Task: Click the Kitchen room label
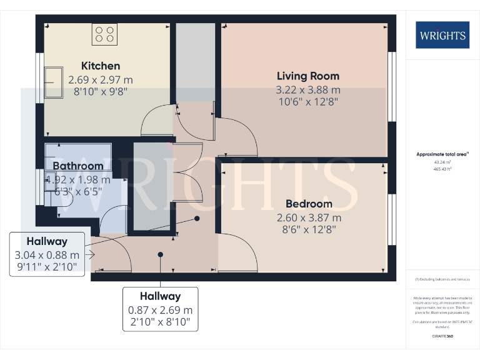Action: click(101, 66)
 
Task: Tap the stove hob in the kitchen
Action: click(104, 34)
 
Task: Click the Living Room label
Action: click(308, 76)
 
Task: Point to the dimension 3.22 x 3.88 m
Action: click(308, 90)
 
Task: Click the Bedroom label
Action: click(309, 204)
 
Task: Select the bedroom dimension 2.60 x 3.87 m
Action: click(309, 217)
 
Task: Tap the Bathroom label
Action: click(77, 166)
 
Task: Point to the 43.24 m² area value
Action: click(442, 161)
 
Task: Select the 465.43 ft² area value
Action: click(442, 169)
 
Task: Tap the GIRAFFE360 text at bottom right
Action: click(442, 336)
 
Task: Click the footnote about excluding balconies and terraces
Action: click(442, 279)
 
